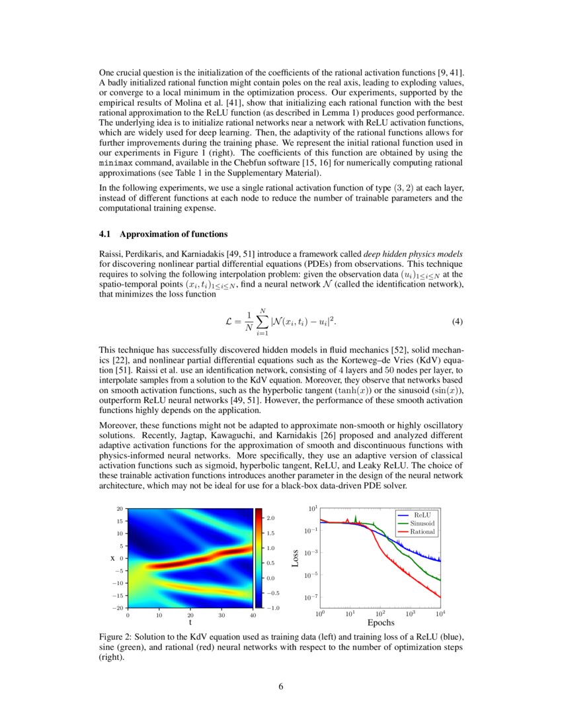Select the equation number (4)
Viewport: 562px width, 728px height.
[457, 322]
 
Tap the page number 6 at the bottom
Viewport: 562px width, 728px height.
[281, 686]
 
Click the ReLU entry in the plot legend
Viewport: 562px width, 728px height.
[421, 514]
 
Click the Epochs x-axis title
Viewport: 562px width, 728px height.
[380, 623]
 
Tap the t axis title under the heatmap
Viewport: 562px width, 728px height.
[190, 623]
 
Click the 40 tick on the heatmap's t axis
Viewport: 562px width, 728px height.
[253, 615]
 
